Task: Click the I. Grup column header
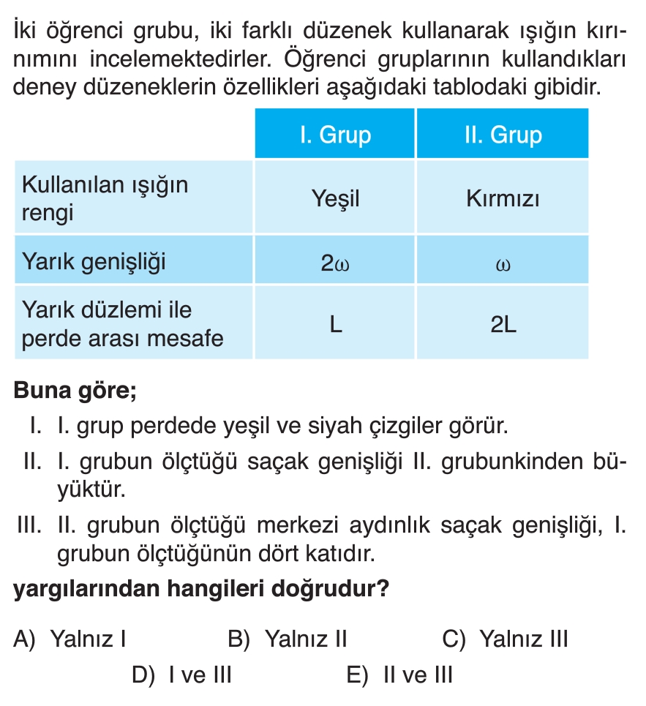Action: [335, 135]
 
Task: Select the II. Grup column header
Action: [503, 135]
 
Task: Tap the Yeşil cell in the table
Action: [335, 198]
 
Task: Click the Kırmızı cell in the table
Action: [503, 198]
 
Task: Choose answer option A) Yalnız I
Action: [70, 639]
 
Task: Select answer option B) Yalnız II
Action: [287, 639]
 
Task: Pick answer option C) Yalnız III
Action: [505, 639]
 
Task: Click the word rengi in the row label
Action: [48, 214]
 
